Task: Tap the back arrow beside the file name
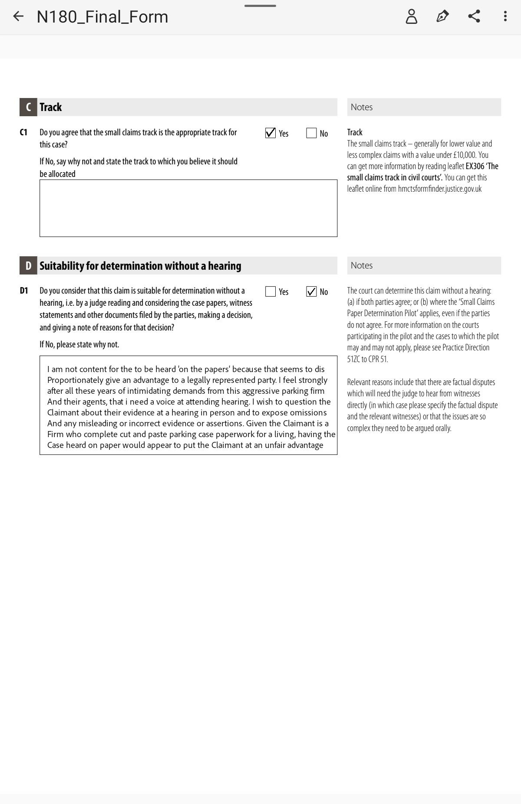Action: click(18, 16)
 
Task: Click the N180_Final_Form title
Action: click(102, 17)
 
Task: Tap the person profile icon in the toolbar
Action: click(411, 16)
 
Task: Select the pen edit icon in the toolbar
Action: click(442, 16)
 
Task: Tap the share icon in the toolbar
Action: click(474, 16)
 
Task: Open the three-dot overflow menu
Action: click(505, 16)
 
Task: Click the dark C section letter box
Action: click(28, 107)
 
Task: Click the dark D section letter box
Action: click(28, 265)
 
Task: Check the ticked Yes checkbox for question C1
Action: click(270, 133)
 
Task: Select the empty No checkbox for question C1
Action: click(311, 133)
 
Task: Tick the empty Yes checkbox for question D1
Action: click(270, 291)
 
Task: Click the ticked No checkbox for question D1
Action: click(311, 291)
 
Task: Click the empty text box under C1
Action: click(188, 208)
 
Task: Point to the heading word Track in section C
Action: click(51, 107)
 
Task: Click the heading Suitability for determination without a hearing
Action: click(140, 266)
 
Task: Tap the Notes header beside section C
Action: click(362, 107)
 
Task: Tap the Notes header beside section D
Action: click(362, 265)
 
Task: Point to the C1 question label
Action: click(23, 132)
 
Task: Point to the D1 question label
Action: click(24, 291)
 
